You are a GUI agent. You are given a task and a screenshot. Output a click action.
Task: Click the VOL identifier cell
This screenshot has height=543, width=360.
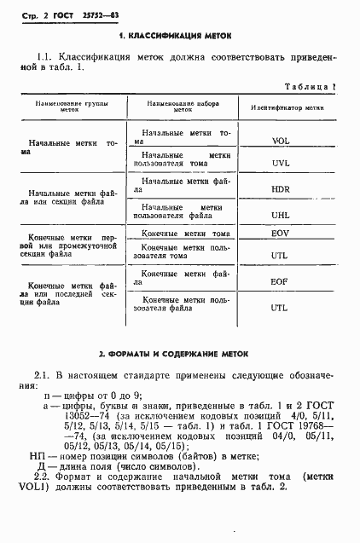[x=282, y=141]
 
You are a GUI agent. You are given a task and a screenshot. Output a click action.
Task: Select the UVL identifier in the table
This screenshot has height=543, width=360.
[x=282, y=162]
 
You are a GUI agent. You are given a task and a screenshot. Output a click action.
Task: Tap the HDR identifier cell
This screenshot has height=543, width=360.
[x=282, y=188]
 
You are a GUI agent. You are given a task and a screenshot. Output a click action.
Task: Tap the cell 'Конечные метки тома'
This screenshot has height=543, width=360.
[x=186, y=234]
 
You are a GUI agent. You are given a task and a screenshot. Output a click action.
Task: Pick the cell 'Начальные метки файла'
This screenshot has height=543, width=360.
[x=186, y=182]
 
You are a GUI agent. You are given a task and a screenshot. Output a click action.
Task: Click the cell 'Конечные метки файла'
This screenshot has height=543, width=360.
[x=186, y=274]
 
